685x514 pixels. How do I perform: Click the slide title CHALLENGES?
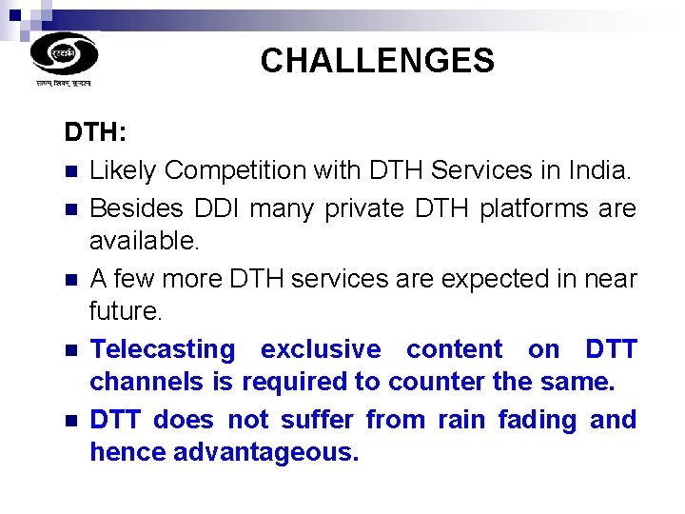[x=377, y=61]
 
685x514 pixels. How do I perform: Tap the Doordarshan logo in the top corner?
[x=64, y=53]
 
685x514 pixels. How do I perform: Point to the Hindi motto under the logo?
[x=64, y=84]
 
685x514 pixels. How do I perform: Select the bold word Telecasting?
[x=162, y=350]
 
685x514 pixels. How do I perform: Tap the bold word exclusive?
[x=320, y=349]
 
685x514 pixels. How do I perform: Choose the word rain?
[x=460, y=420]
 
